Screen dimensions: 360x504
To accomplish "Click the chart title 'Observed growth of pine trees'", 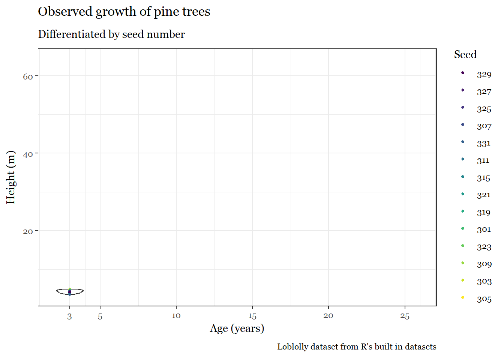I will tap(124, 12).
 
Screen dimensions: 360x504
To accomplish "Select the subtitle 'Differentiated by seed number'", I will tap(111, 34).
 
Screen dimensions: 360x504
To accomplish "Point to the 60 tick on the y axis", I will tap(28, 76).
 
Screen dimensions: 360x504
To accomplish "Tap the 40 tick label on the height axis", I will tap(28, 154).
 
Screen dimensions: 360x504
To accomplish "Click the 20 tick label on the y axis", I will tap(28, 231).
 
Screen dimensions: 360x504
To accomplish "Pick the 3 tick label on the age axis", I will tap(69, 316).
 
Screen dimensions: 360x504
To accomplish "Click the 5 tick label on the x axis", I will tap(100, 316).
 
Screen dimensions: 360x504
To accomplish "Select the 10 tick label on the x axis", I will tap(176, 316).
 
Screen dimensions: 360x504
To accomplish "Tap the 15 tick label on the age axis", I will tap(252, 316).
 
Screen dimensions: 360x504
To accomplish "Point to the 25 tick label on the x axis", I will tap(405, 316).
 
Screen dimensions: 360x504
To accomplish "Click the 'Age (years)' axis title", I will tap(237, 328).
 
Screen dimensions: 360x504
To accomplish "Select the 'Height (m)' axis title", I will tap(10, 177).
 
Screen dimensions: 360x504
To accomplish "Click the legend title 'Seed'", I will tap(465, 54).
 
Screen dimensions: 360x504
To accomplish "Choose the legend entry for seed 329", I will tap(484, 74).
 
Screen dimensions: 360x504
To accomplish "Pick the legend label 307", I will tap(484, 126).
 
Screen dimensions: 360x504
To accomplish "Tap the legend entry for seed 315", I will tap(483, 178).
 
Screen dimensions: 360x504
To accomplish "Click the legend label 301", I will tap(484, 229).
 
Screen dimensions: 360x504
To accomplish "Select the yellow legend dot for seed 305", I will tap(463, 297).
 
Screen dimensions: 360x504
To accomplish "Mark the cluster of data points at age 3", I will tap(70, 291).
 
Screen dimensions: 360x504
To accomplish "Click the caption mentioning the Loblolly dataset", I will tap(357, 346).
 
